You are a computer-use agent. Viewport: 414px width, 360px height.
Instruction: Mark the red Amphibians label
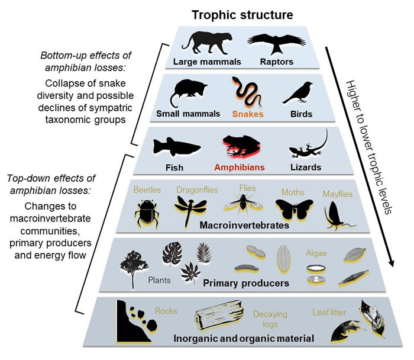click(241, 167)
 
